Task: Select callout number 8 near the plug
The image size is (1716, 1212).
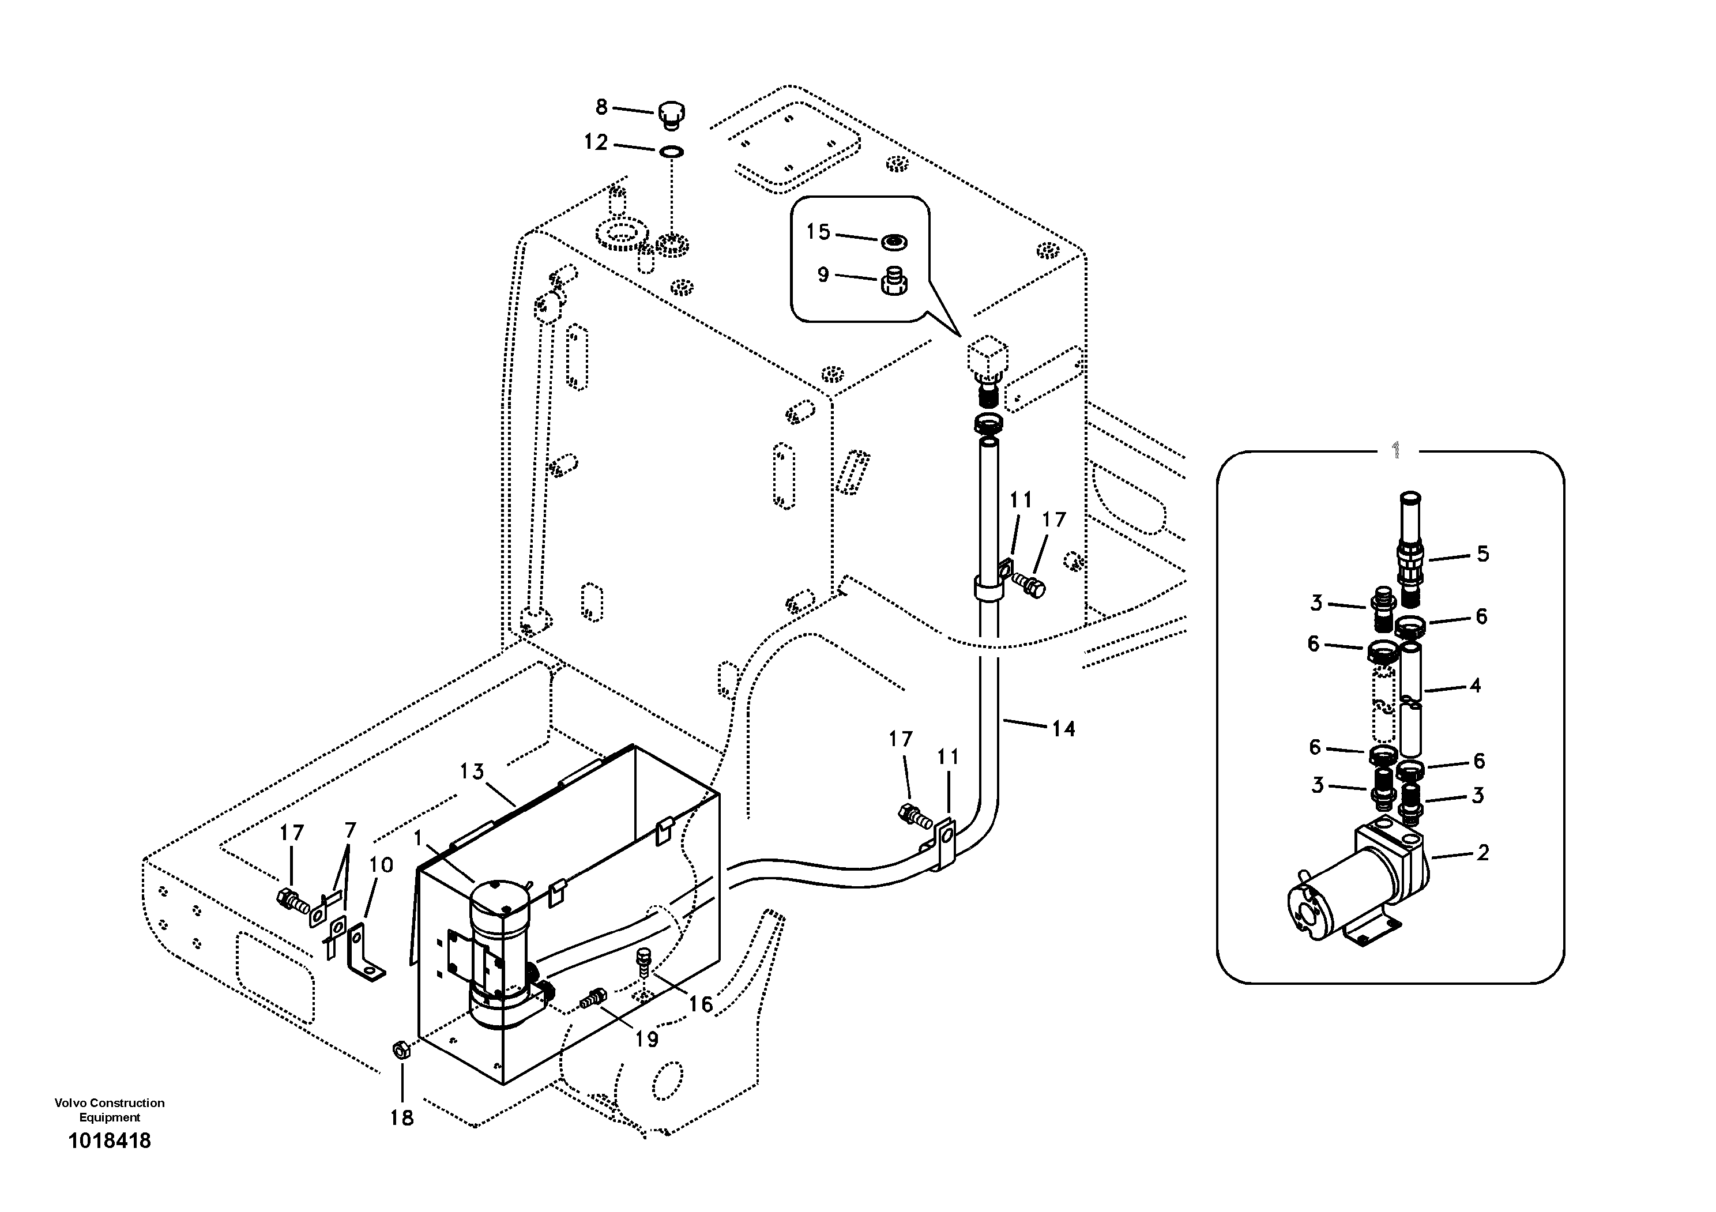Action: tap(601, 108)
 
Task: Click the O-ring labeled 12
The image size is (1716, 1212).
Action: tap(671, 152)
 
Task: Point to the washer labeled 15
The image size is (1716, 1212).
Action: tap(893, 242)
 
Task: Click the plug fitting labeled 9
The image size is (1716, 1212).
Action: tap(891, 282)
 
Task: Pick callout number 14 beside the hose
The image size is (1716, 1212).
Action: tap(1063, 729)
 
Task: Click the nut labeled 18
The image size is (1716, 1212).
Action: tap(401, 1051)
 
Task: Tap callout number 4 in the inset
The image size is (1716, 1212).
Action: tap(1474, 685)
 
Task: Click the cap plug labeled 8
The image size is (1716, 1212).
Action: tap(671, 116)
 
